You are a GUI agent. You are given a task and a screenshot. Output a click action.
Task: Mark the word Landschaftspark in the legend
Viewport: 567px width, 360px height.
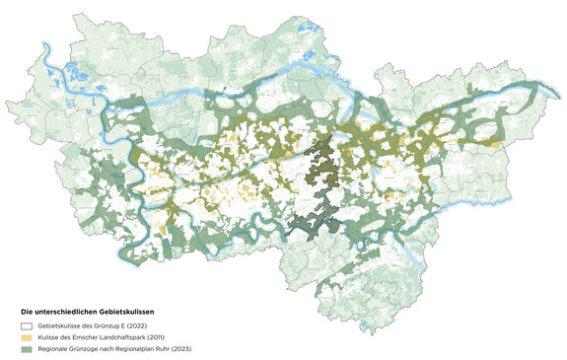coord(128,336)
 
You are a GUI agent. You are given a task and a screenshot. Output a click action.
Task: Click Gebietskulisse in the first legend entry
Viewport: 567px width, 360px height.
coord(58,324)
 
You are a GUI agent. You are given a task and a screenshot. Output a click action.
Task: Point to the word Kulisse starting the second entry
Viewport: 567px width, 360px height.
coord(49,336)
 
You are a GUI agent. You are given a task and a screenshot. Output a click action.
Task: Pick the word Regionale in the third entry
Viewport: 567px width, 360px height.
coord(53,348)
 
